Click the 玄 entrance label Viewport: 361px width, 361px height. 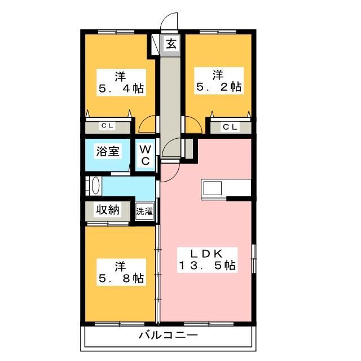171,44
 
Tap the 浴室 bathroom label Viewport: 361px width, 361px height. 108,152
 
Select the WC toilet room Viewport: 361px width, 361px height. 146,155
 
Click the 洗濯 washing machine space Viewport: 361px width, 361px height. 144,211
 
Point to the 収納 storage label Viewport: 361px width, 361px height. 108,210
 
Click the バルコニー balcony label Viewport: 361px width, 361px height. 168,335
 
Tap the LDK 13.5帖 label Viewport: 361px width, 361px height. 207,260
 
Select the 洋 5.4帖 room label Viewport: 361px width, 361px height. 121,82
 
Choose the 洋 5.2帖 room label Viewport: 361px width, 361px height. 219,81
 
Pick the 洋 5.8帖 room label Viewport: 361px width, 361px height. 121,272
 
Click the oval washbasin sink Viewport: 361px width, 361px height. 96,186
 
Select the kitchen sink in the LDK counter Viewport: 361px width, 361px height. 212,188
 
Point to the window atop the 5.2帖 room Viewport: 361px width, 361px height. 218,32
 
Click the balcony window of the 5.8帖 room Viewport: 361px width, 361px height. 120,324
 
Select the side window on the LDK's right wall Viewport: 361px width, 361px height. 254,259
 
